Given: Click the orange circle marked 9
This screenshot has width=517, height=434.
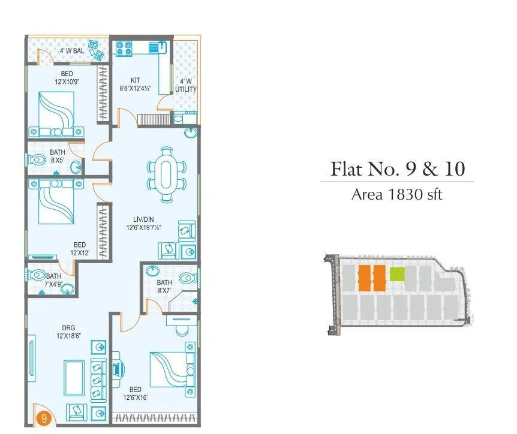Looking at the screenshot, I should [42, 416].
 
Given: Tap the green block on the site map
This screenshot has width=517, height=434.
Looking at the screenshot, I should [397, 274].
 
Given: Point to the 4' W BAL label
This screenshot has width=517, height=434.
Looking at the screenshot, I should [71, 51].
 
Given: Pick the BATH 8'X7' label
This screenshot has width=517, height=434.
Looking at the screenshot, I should [164, 286].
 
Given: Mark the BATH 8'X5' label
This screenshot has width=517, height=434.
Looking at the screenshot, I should [58, 156].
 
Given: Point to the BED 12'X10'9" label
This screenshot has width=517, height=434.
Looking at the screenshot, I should [67, 78].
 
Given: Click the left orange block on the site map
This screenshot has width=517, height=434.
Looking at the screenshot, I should [364, 278].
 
